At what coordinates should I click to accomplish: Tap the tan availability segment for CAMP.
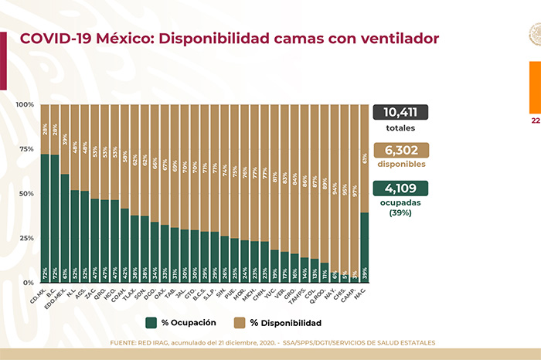click(x=354, y=193)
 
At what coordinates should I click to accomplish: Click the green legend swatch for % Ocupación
click(x=151, y=322)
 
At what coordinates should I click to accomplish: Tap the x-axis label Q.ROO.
click(x=323, y=293)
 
